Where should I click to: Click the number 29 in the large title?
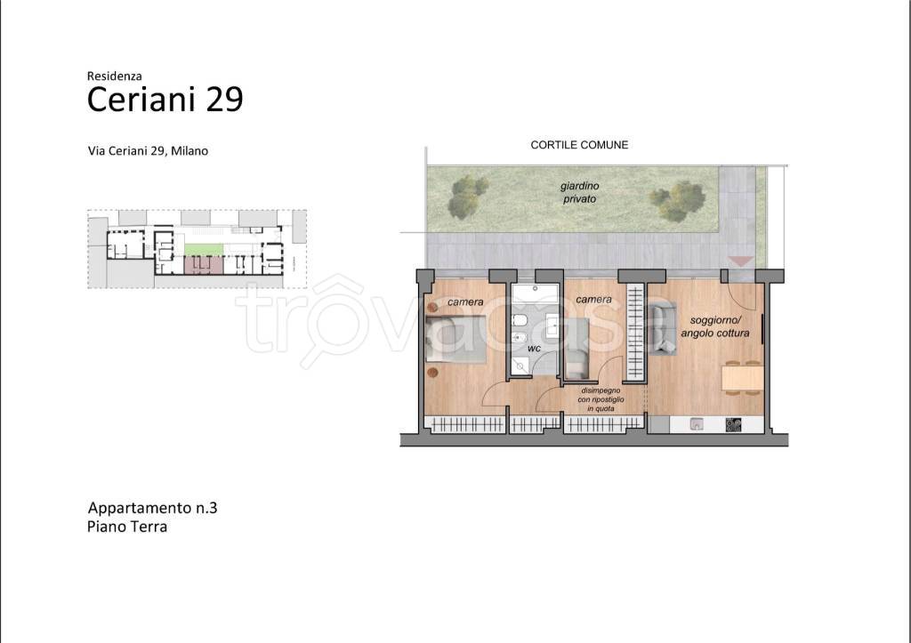(224, 100)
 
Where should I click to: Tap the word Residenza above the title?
(115, 76)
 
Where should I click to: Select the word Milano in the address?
(189, 150)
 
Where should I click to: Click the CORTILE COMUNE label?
(579, 145)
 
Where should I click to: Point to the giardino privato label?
(580, 192)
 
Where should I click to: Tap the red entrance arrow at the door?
(741, 261)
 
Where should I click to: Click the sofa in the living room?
(662, 329)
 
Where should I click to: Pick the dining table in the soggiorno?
(743, 378)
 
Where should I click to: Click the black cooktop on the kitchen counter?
(733, 425)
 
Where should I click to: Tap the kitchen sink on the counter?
(697, 424)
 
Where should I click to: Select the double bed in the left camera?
(455, 340)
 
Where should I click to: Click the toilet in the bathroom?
(520, 321)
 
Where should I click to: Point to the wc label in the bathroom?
(534, 349)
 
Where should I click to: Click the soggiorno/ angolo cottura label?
(715, 326)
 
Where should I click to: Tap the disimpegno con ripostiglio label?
(601, 399)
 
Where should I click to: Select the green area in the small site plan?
(204, 249)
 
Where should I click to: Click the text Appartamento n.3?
(152, 508)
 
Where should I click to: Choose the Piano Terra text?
(127, 526)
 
